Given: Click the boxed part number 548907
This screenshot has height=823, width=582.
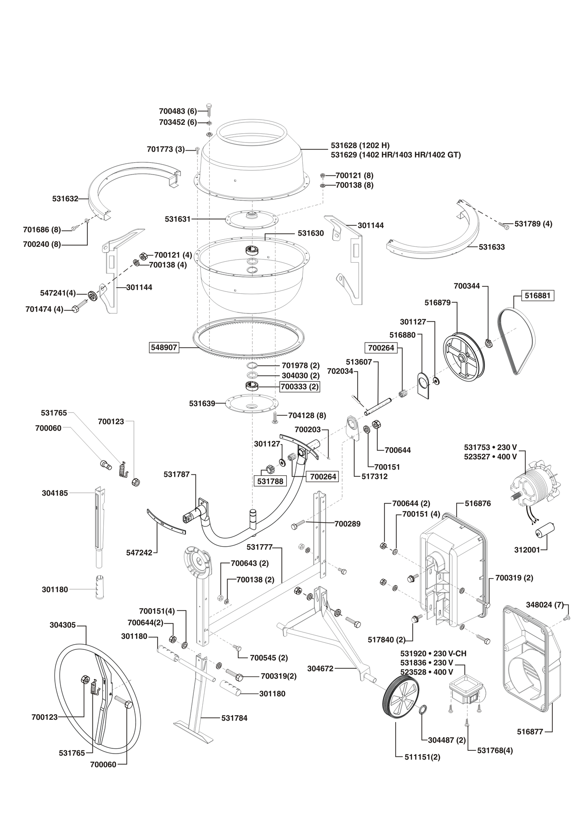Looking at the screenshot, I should (164, 348).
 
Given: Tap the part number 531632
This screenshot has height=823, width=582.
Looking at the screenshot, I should (65, 199).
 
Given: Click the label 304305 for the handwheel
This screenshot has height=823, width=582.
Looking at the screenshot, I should (62, 625).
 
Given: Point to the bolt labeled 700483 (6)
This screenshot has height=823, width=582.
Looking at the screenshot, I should (209, 111).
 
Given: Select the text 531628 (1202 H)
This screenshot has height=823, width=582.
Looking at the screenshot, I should (360, 145).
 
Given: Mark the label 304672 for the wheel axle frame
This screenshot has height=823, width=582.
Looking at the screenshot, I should (320, 668).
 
